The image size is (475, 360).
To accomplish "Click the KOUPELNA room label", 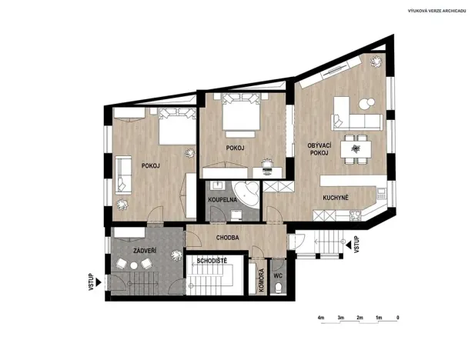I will (222, 200).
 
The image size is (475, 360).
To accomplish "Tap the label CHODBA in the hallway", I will (228, 238).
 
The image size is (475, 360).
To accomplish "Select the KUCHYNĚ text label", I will (336, 198).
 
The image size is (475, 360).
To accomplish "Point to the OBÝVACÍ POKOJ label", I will (318, 149).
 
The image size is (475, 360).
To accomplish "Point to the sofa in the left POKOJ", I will (123, 175).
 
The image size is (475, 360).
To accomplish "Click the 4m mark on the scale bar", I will (319, 317).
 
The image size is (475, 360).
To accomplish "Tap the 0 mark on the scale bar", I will (397, 317).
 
